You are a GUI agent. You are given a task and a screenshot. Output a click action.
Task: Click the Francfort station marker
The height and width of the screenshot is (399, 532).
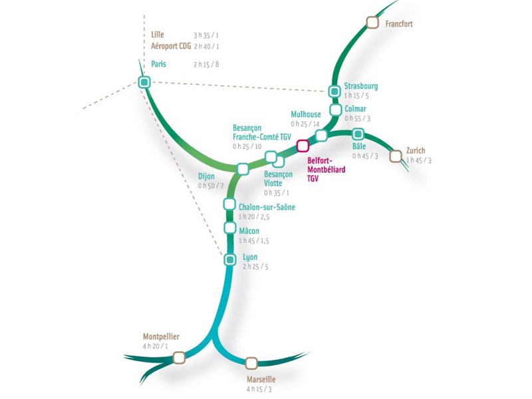point(372,23)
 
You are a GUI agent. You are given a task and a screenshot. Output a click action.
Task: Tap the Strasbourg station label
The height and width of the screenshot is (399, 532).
point(361,86)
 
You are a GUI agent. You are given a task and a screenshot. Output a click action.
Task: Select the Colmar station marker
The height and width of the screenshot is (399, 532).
point(334,109)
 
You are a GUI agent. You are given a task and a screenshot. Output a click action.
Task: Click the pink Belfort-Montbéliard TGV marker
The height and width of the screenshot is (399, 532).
point(303,145)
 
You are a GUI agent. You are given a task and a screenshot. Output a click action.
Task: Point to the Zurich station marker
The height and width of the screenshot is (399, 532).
point(396,156)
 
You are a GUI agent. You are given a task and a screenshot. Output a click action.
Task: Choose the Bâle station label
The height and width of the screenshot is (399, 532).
point(359,146)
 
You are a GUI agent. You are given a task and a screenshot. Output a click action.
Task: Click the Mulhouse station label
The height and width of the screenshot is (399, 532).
point(306,114)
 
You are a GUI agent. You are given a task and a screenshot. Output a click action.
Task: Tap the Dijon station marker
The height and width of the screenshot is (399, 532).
point(243,169)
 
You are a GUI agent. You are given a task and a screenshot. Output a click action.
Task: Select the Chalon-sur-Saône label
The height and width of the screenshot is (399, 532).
point(267,207)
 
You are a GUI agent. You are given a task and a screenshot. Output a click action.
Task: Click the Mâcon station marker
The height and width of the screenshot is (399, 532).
point(230,228)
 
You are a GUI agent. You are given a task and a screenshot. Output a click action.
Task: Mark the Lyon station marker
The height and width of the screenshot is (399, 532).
point(230,259)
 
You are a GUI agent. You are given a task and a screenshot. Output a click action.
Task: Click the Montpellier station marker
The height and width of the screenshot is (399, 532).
point(178,358)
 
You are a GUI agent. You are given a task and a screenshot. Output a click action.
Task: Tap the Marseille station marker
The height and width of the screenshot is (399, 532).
point(251,362)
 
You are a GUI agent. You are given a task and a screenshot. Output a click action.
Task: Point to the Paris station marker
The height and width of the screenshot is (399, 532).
point(144,82)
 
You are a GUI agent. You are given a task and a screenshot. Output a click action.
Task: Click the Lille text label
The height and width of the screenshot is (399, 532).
point(158,35)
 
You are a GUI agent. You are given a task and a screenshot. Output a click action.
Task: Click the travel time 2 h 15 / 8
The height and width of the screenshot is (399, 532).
point(206,65)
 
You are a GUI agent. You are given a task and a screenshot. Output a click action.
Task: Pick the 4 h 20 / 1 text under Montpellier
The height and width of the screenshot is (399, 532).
point(156,346)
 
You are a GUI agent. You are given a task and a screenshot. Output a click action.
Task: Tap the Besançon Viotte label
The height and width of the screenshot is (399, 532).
point(278,178)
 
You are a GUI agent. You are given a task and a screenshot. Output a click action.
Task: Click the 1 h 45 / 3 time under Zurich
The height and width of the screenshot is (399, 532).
point(419,160)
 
